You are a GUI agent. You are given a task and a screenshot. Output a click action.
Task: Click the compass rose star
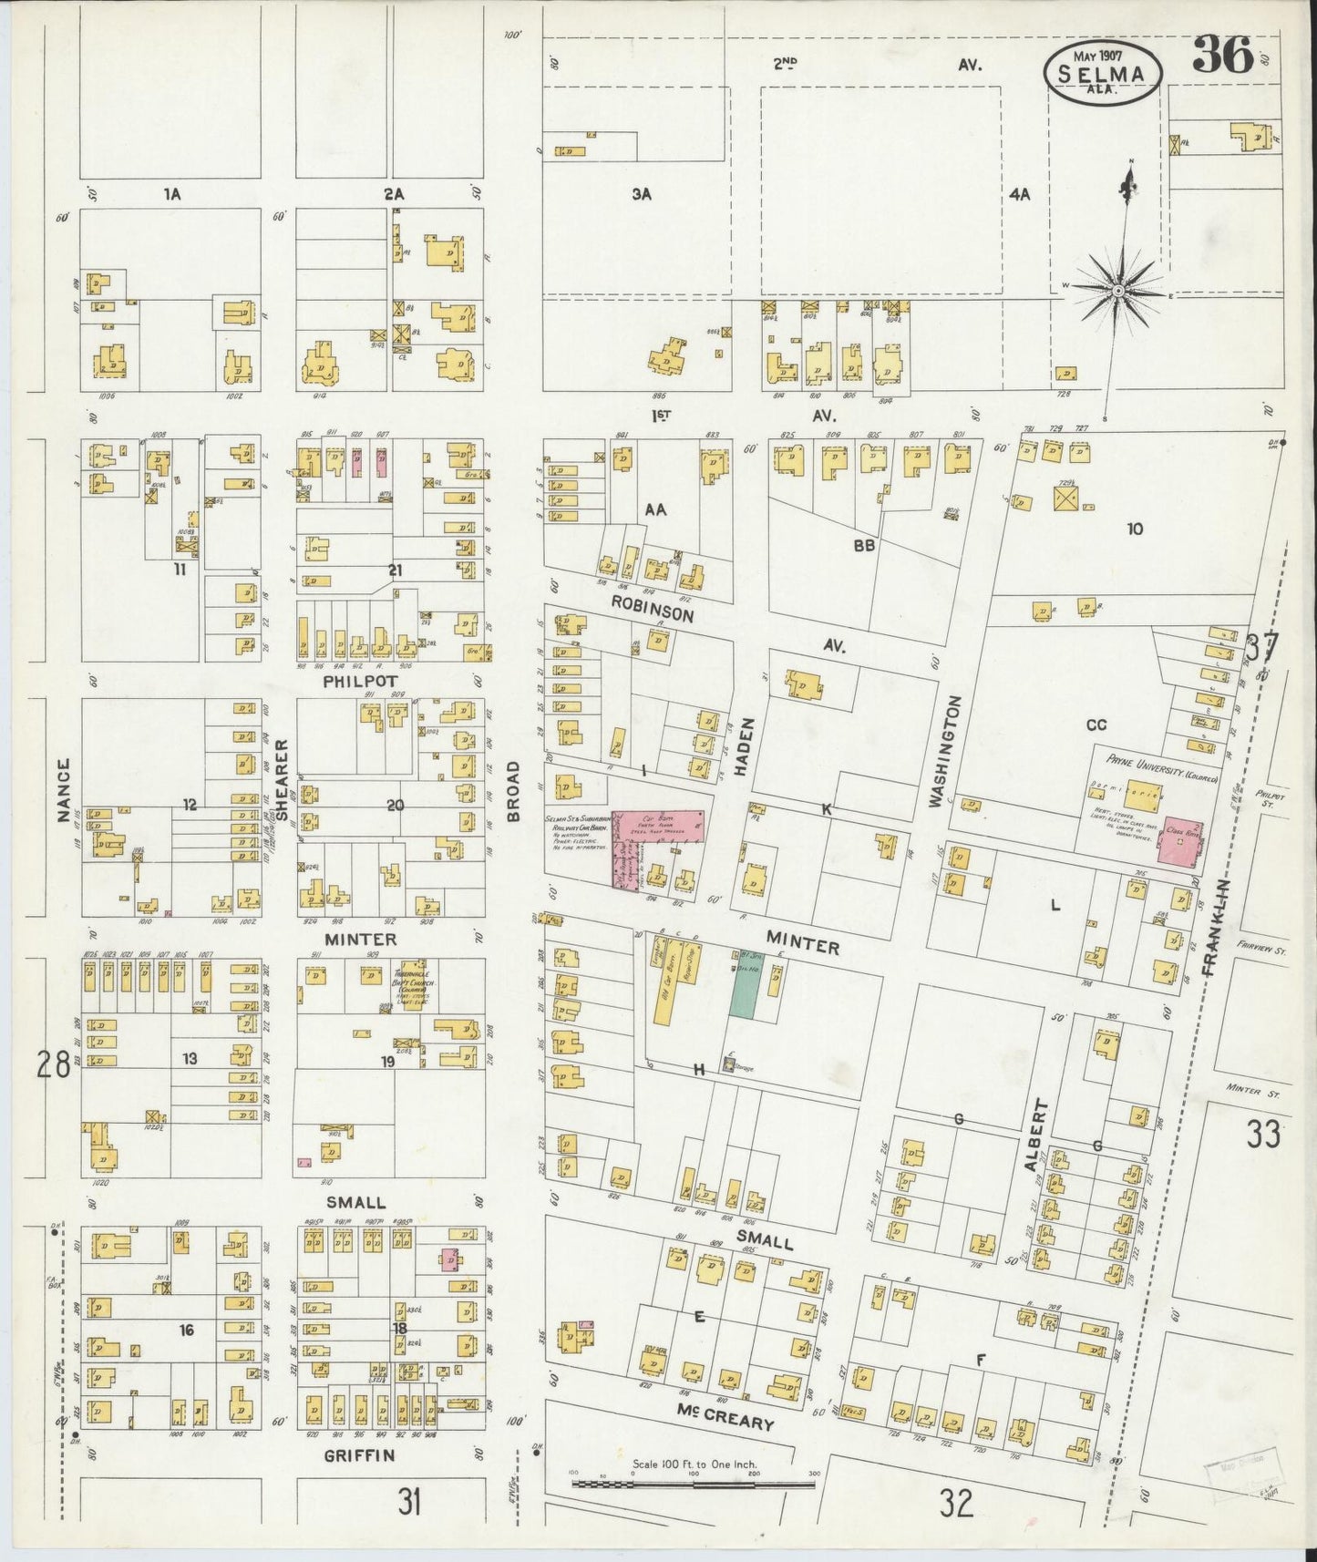[1124, 289]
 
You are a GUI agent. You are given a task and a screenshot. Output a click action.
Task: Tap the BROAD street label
[513, 791]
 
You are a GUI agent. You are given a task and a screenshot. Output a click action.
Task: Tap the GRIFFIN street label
[360, 1455]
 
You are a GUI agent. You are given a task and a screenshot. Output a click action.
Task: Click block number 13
[189, 1058]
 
